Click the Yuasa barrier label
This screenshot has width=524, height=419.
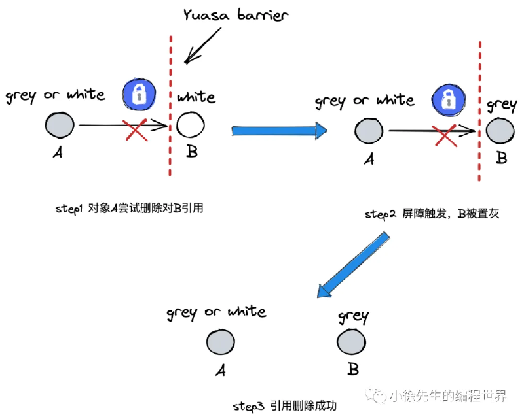pyautogui.click(x=235, y=15)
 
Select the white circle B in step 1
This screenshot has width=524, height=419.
pyautogui.click(x=191, y=125)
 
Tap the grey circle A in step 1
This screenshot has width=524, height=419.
pyautogui.click(x=60, y=125)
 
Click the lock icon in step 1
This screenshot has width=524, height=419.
pyautogui.click(x=139, y=94)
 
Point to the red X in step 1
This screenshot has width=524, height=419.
pyautogui.click(x=136, y=129)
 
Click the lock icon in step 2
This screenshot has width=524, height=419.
pyautogui.click(x=449, y=100)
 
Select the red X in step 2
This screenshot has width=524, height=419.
pyautogui.click(x=445, y=135)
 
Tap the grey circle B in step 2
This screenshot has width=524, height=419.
pyautogui.click(x=500, y=131)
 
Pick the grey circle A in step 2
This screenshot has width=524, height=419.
pyautogui.click(x=369, y=131)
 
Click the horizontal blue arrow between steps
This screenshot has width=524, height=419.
pyautogui.click(x=280, y=131)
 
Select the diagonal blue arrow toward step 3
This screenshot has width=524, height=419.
pyautogui.click(x=353, y=265)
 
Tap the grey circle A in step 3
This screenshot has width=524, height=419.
pyautogui.click(x=221, y=342)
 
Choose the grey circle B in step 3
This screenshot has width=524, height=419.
pyautogui.click(x=352, y=342)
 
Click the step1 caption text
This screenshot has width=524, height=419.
pyautogui.click(x=129, y=209)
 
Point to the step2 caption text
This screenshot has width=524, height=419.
pyautogui.click(x=432, y=214)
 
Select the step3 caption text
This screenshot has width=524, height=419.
pyautogui.click(x=285, y=406)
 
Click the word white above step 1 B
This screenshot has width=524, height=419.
pyautogui.click(x=196, y=97)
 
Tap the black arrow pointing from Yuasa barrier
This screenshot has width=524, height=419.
pyautogui.click(x=202, y=46)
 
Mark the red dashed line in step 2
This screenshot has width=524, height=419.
pyautogui.click(x=479, y=111)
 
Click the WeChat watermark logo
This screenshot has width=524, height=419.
pyautogui.click(x=376, y=395)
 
